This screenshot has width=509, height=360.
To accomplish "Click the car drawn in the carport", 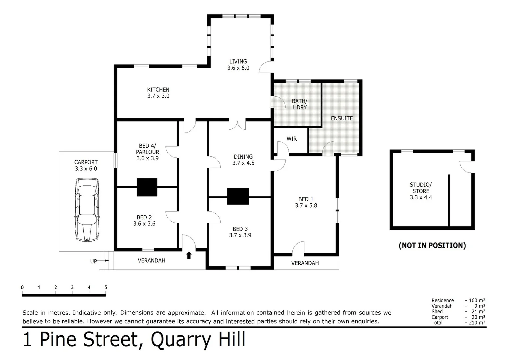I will pos(87,209).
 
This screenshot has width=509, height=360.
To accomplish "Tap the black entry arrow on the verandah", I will pos(189,255).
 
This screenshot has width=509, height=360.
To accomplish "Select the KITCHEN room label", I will pos(158,90).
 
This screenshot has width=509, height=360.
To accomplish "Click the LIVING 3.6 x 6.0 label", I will pos(238,65).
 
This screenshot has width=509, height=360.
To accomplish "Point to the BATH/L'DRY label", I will pos(299,104).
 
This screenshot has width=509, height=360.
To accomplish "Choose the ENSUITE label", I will pos(342,118).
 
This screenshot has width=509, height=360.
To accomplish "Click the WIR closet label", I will pos(291,139).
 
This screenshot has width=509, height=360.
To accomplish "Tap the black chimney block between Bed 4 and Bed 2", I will pos(147,187).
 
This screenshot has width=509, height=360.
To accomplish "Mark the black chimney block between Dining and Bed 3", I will pos(238,196).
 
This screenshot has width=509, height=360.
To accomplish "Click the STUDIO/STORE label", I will pos(421,188).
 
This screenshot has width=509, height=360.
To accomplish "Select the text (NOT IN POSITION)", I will pos(432,246).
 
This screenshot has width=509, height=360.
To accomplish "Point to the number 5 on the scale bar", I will pos(106,287).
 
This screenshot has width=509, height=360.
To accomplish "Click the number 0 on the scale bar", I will pos(22,287).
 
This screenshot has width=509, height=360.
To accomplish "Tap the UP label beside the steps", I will pos(93,261).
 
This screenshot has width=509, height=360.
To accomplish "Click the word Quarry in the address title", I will pos(180,340).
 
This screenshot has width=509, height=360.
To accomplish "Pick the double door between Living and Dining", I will pos(237,125).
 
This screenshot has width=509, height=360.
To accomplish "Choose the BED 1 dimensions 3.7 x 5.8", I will pos(306,206).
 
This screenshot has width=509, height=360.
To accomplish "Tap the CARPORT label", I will pos(86,162).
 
